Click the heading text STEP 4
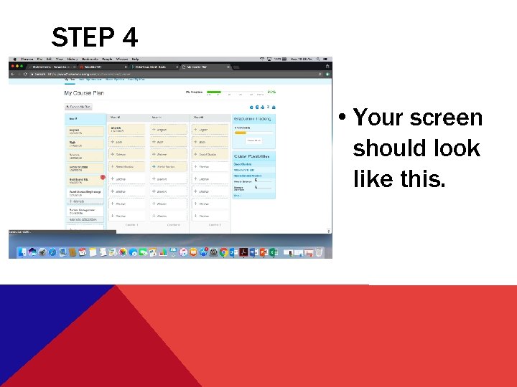tap(94, 37)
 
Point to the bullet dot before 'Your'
tap(345, 118)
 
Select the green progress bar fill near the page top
tap(213, 92)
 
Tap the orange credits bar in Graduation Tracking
tap(241, 133)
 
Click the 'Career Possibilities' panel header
tap(254, 155)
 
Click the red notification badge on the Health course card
tap(103, 176)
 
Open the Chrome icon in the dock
tap(223, 252)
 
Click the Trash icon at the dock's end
tap(319, 252)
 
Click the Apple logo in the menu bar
tap(14, 59)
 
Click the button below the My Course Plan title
tap(79, 106)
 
